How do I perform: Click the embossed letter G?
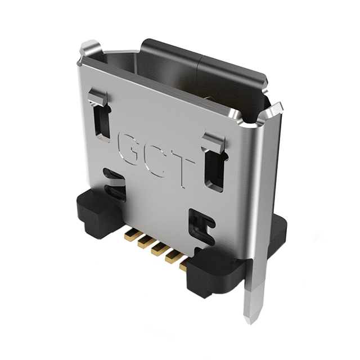coord(130,147)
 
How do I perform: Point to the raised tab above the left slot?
coord(98,98)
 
